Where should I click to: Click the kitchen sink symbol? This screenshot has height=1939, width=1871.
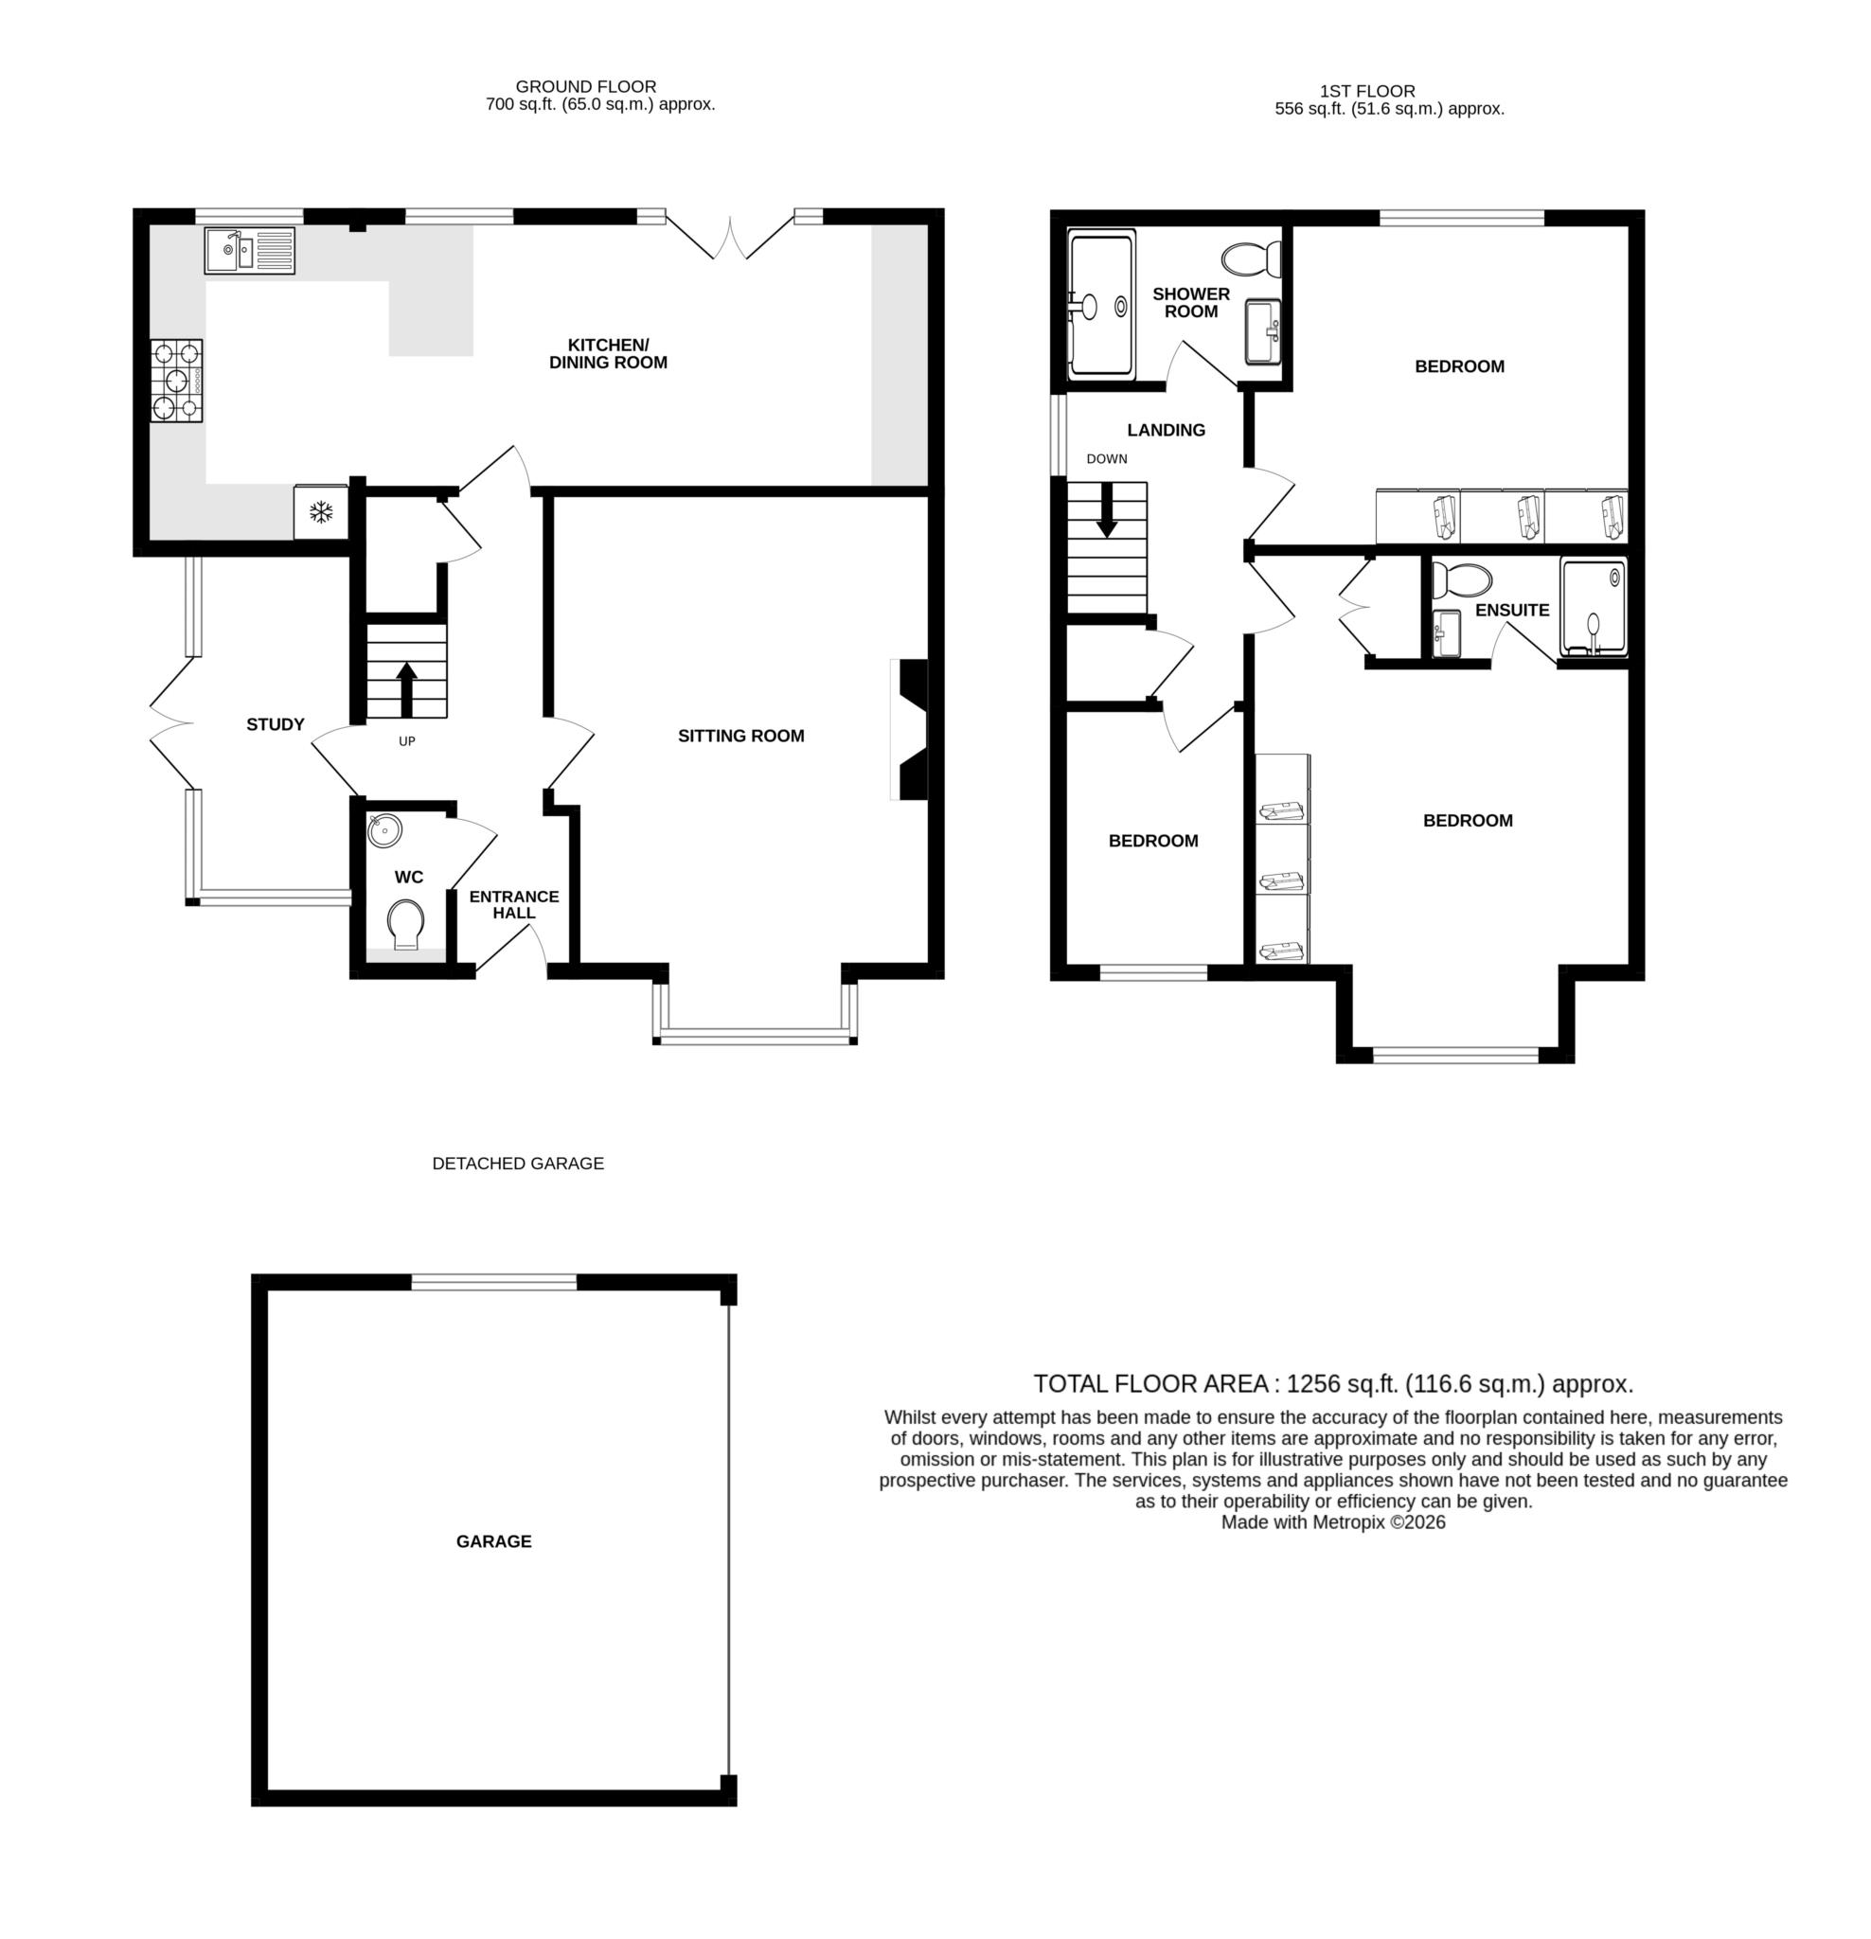(249, 249)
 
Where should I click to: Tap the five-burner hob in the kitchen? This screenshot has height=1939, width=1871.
(176, 380)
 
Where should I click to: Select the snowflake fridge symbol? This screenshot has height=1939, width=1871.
(320, 512)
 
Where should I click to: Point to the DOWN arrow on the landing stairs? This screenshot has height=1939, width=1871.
(1106, 509)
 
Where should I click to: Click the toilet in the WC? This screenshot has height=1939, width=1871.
(404, 923)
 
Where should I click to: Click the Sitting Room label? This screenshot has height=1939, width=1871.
(740, 735)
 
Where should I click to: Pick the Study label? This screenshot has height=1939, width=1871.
(275, 724)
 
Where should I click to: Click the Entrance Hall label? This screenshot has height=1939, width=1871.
(513, 904)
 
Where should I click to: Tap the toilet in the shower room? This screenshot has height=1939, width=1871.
(1251, 259)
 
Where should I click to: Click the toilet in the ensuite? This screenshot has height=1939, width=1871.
(1460, 578)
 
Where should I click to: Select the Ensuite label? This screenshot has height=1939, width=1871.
(1511, 611)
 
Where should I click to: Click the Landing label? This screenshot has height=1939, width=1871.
(1166, 429)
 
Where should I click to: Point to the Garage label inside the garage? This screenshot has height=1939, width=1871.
(493, 1540)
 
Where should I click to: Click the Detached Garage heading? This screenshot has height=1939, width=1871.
(518, 1164)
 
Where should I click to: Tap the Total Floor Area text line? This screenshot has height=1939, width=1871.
(1332, 1383)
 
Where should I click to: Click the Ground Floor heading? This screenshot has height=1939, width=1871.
(586, 86)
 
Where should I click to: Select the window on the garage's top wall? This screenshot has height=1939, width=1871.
(493, 1282)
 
